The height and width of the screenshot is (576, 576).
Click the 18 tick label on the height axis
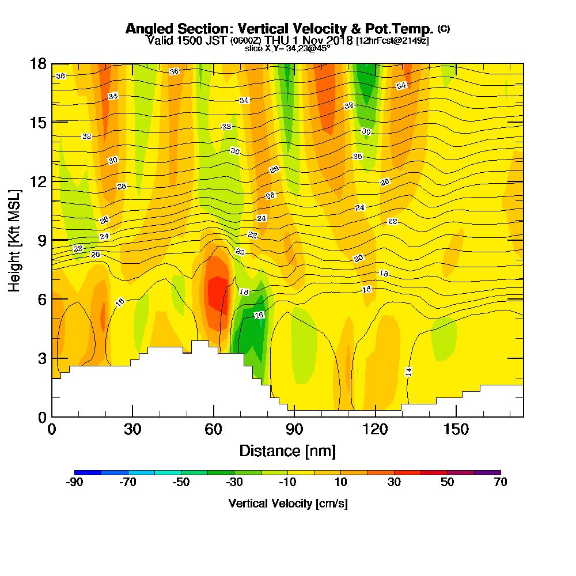pos(39,63)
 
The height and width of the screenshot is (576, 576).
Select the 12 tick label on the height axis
pos(39,181)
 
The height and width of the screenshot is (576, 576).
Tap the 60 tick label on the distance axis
pos(214,429)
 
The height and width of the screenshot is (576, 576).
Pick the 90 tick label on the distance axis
pos(294,429)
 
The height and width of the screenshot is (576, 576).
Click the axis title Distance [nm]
pos(287,450)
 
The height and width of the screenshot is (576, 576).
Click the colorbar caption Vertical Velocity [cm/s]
pos(287,503)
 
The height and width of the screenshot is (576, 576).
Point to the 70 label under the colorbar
pos(501,483)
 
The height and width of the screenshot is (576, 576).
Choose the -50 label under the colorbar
pos(181,483)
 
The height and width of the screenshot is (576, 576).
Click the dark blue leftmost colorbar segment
pos(88,472)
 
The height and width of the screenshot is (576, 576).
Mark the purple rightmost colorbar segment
pos(487,472)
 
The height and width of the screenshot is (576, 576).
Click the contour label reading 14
pos(408,372)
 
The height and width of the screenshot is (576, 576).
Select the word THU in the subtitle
pos(278,40)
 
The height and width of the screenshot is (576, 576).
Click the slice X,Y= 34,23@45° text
pos(287,48)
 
